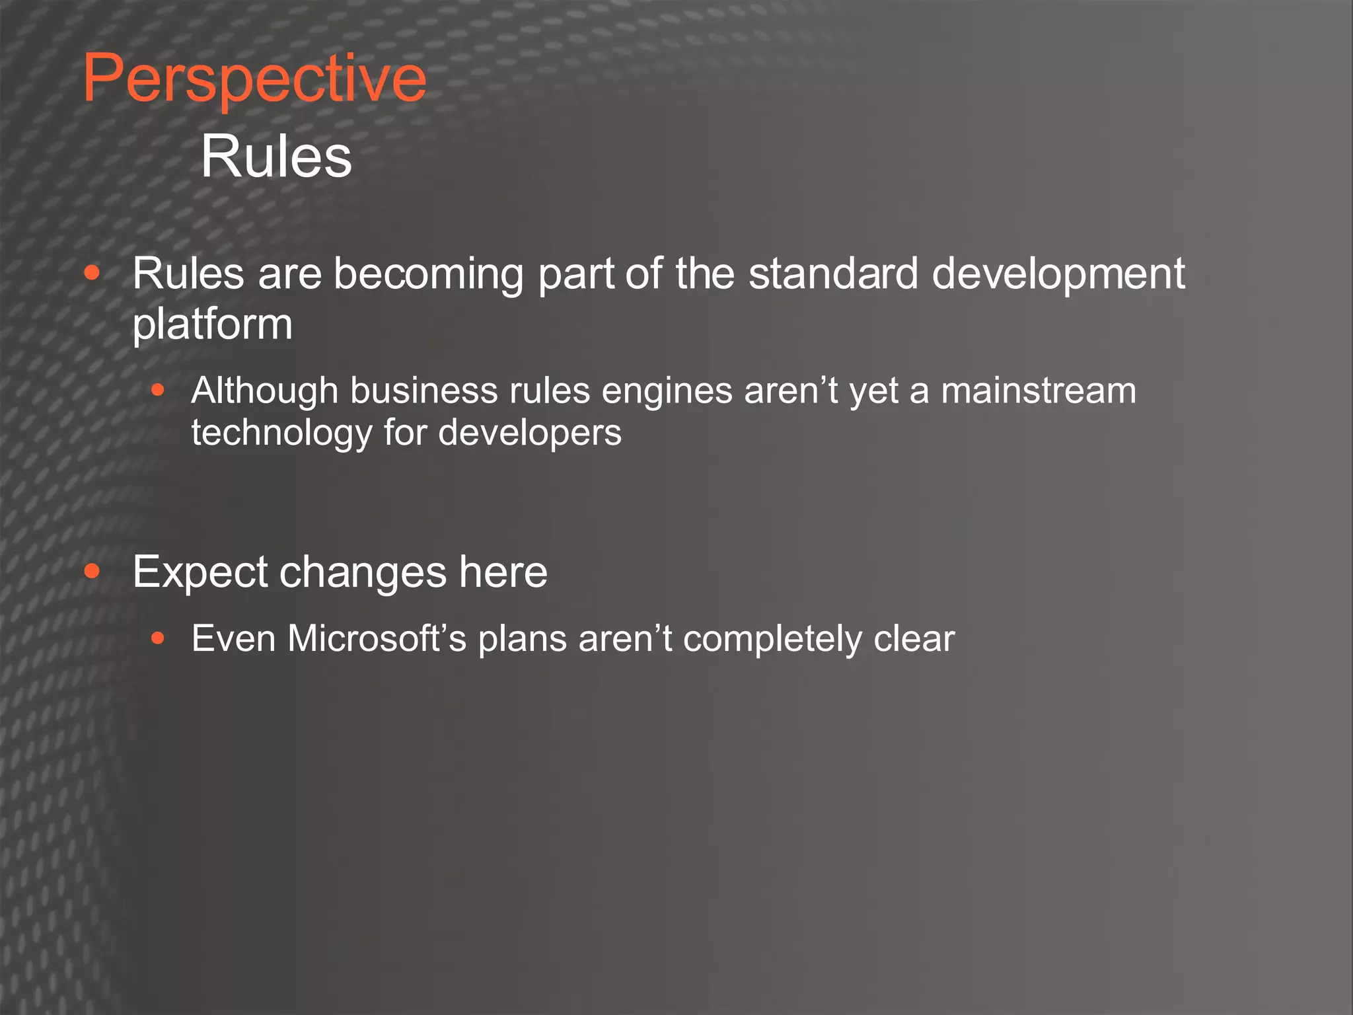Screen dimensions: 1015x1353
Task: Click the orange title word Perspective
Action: (254, 79)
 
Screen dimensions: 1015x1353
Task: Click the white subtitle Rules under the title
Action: (276, 157)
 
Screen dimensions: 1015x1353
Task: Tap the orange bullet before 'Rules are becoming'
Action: (92, 273)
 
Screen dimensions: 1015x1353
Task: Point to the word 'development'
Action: (1058, 274)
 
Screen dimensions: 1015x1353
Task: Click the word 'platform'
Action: (212, 324)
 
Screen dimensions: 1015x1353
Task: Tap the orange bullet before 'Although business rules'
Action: (157, 390)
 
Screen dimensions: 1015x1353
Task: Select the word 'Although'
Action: (265, 391)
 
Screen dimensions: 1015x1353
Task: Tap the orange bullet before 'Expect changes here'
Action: (92, 571)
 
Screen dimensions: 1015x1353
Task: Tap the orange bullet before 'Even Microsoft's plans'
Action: (157, 638)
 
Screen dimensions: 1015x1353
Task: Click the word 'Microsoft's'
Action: (377, 638)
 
